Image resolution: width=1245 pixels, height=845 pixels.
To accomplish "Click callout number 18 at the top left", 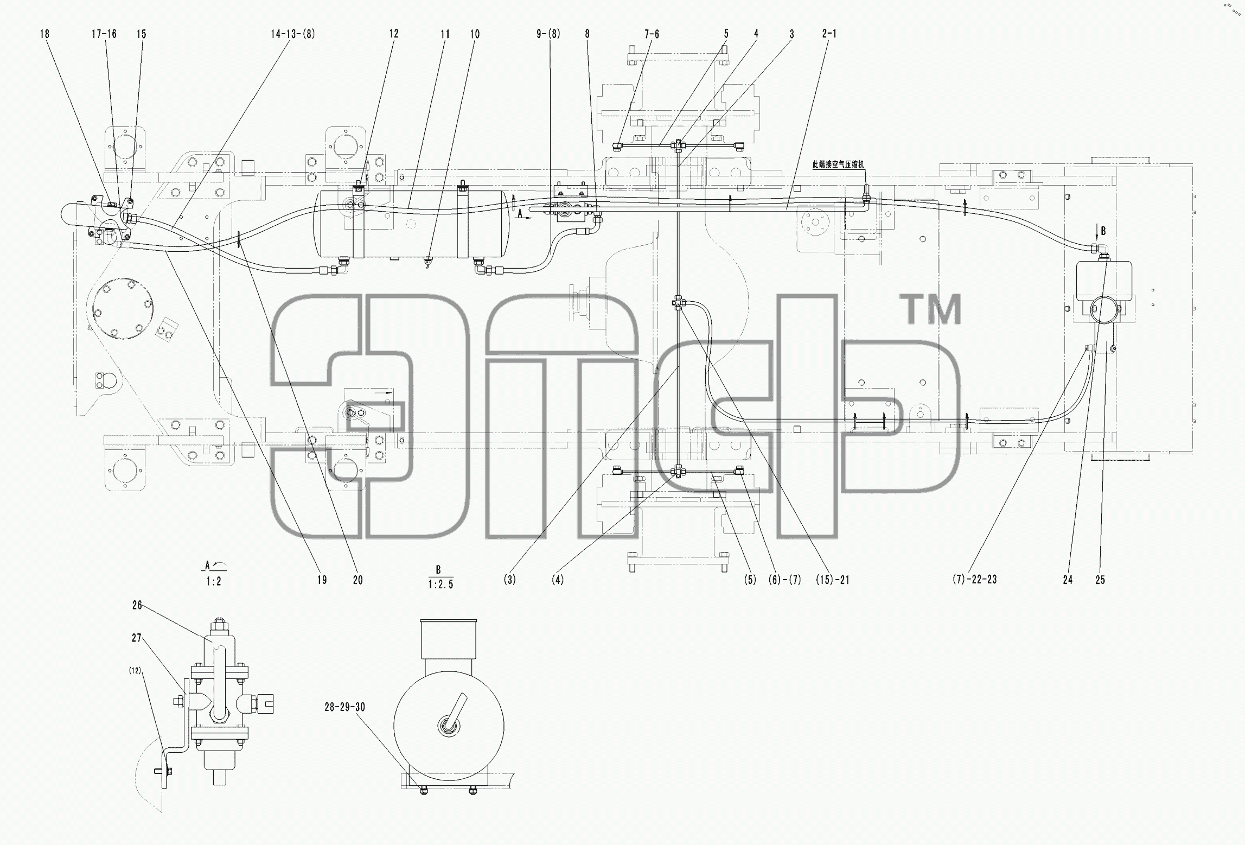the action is [44, 34].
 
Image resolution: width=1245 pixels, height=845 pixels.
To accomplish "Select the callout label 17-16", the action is [104, 34].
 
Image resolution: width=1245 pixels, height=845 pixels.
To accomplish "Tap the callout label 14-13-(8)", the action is [293, 34].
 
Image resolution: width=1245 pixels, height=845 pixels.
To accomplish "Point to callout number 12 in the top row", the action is [394, 34].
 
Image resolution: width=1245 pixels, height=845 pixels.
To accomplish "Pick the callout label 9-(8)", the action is [548, 34].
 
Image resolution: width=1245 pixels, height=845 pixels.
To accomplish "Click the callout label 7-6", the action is [652, 34].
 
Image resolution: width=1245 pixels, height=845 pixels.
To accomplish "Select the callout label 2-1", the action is [829, 34].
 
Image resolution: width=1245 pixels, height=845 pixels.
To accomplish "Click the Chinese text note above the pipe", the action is [838, 164].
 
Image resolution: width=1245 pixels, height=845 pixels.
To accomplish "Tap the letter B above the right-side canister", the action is [1103, 231].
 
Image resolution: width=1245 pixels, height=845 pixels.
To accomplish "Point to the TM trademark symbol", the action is [930, 309].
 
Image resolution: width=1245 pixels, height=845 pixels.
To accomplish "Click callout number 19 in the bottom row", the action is [322, 580].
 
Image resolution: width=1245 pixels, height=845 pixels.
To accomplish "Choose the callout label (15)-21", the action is [833, 580].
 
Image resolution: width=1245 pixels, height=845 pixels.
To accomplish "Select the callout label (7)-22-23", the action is [974, 579].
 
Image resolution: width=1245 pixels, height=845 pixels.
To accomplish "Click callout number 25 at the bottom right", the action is [1100, 580].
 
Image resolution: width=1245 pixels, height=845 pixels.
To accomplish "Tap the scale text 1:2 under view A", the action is [214, 582].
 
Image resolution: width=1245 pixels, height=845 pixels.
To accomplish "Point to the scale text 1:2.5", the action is [440, 584].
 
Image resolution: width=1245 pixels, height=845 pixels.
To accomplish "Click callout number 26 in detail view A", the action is [137, 605].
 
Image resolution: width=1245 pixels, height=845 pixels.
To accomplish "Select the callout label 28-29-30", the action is [345, 707].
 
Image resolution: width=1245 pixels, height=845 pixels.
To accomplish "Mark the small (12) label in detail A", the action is [135, 671].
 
